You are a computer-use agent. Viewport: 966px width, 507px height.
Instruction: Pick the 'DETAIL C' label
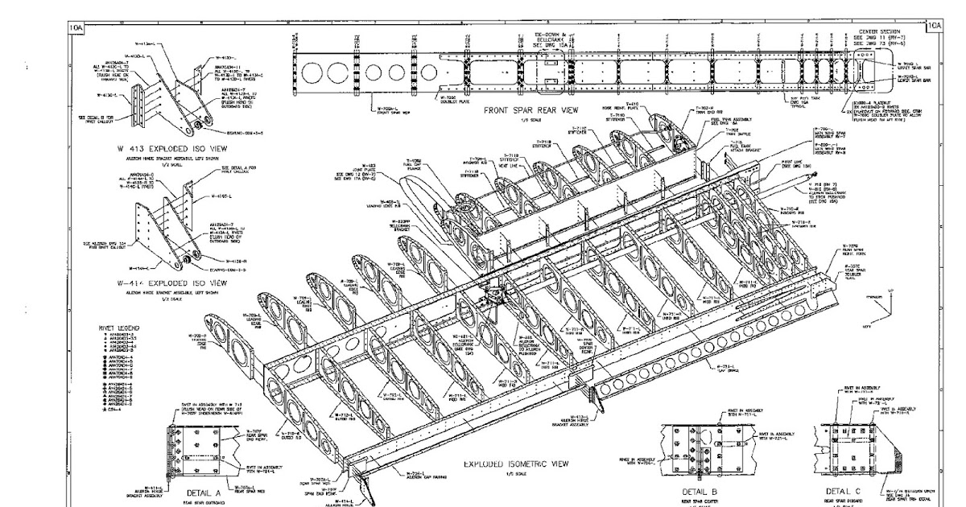[x=843, y=489]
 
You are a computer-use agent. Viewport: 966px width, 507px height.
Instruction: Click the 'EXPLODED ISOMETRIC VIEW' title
[x=517, y=464]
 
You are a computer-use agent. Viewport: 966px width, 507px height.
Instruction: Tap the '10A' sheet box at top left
[x=76, y=27]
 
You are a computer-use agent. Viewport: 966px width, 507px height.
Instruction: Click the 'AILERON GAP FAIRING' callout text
[x=422, y=477]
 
